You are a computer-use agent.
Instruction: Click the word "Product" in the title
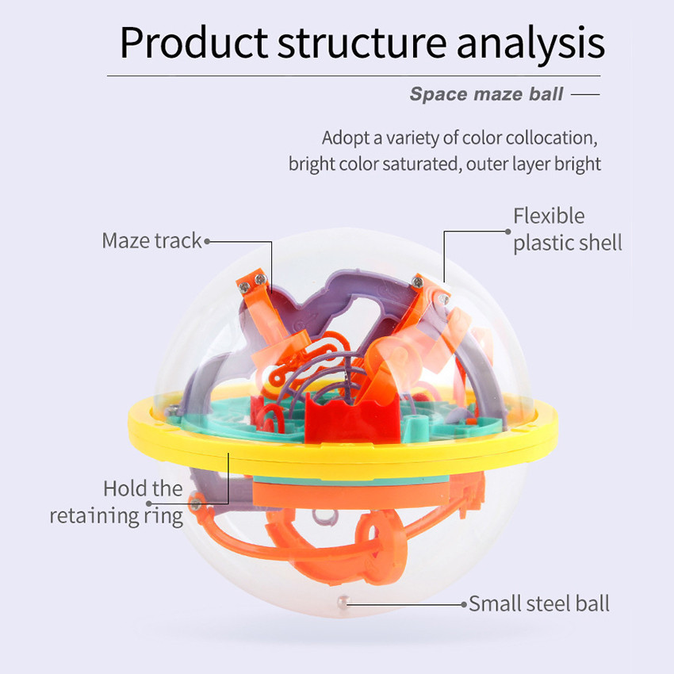(x=193, y=42)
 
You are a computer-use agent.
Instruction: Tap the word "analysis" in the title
(x=530, y=44)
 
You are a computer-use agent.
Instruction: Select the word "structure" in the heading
(x=362, y=44)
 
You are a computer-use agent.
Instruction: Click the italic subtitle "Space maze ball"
(x=486, y=94)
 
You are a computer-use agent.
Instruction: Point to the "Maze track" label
(x=151, y=240)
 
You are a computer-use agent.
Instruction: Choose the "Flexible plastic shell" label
(x=568, y=229)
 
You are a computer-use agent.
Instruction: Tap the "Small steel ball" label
(x=539, y=603)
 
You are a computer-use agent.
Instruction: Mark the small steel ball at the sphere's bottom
(x=343, y=602)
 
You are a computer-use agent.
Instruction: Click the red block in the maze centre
(x=352, y=420)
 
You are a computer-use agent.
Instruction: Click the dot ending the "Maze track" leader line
(x=207, y=242)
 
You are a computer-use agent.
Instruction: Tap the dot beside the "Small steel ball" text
(x=464, y=604)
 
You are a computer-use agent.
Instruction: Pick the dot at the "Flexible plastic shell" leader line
(x=507, y=232)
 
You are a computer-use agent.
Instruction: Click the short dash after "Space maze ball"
(x=585, y=94)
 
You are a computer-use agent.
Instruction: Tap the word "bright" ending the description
(x=577, y=164)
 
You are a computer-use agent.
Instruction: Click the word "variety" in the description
(x=412, y=139)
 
